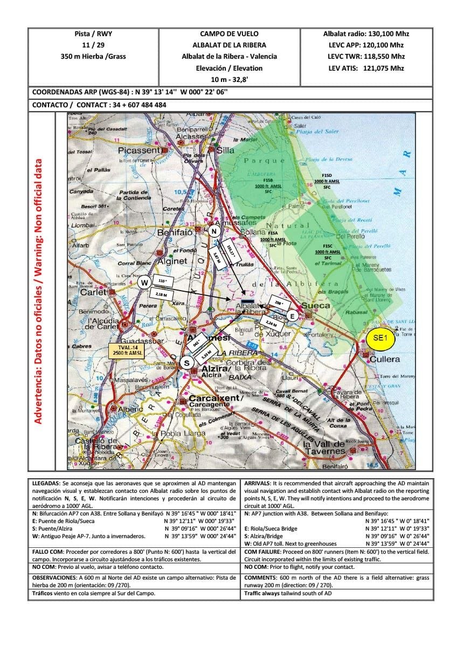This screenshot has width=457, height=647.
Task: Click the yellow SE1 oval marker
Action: coord(380,338)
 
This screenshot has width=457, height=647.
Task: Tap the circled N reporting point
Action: coord(214,231)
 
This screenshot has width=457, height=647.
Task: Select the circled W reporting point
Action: coord(144,282)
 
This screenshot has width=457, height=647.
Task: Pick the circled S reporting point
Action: coord(188,363)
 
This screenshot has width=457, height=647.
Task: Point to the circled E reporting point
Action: coord(292,316)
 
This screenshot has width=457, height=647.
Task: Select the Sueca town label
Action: coord(315,305)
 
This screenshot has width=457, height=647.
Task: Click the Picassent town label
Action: coord(139,150)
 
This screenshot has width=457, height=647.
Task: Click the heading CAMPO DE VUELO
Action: coord(229,33)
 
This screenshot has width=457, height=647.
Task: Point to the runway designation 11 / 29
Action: coord(93,45)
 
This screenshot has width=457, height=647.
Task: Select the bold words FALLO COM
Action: coord(49,552)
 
